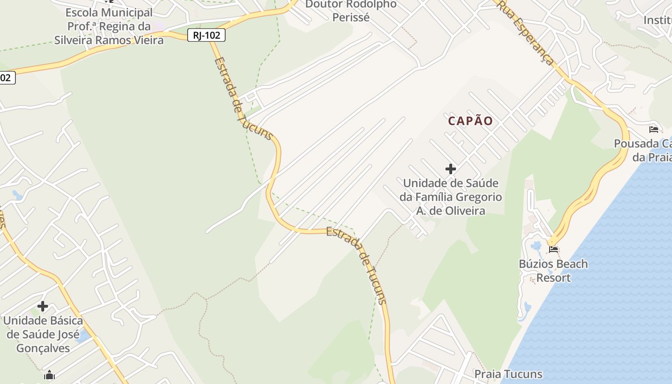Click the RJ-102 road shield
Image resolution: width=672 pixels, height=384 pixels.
(206, 35)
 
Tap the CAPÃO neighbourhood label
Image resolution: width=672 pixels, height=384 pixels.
(470, 121)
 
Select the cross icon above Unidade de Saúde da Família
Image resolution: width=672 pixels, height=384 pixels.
(450, 168)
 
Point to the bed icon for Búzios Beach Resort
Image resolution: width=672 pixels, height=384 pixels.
(553, 250)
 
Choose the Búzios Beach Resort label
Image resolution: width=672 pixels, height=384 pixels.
(553, 271)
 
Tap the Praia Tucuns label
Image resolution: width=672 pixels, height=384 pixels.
(508, 374)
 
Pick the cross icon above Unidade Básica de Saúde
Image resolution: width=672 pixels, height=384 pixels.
(43, 306)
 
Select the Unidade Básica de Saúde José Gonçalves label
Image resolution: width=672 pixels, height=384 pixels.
(43, 334)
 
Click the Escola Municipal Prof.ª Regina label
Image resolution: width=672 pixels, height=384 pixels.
(109, 26)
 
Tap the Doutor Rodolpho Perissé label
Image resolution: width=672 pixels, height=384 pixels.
(351, 11)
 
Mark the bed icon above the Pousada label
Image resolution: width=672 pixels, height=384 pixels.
(653, 129)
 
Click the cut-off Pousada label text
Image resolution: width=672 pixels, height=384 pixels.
(643, 150)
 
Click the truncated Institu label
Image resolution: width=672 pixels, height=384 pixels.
(657, 20)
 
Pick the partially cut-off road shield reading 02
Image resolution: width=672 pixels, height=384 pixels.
(7, 78)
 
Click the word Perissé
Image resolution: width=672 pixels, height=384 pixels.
(351, 17)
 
